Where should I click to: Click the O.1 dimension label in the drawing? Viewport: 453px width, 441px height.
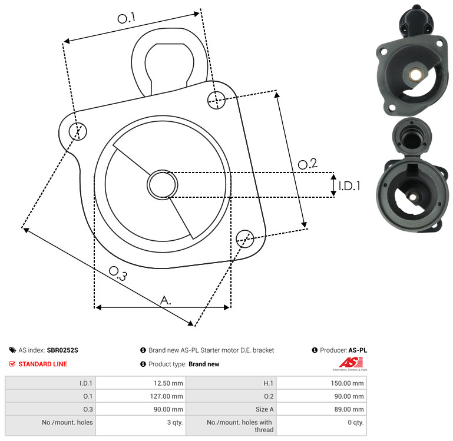pyautogui.click(x=127, y=18)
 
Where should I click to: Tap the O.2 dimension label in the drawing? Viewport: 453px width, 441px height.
pyautogui.click(x=307, y=164)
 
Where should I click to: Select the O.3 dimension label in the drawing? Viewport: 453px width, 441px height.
pyautogui.click(x=118, y=273)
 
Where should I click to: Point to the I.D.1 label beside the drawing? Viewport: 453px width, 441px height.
pyautogui.click(x=349, y=186)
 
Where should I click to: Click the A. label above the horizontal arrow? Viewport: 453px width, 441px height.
pyautogui.click(x=166, y=300)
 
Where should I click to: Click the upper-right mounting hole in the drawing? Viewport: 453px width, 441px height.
pyautogui.click(x=216, y=100)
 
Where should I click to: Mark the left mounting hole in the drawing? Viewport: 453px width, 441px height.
pyautogui.click(x=78, y=131)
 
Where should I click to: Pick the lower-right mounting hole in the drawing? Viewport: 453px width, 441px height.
pyautogui.click(x=245, y=238)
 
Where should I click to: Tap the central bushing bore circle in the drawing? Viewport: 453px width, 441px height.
pyautogui.click(x=163, y=184)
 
